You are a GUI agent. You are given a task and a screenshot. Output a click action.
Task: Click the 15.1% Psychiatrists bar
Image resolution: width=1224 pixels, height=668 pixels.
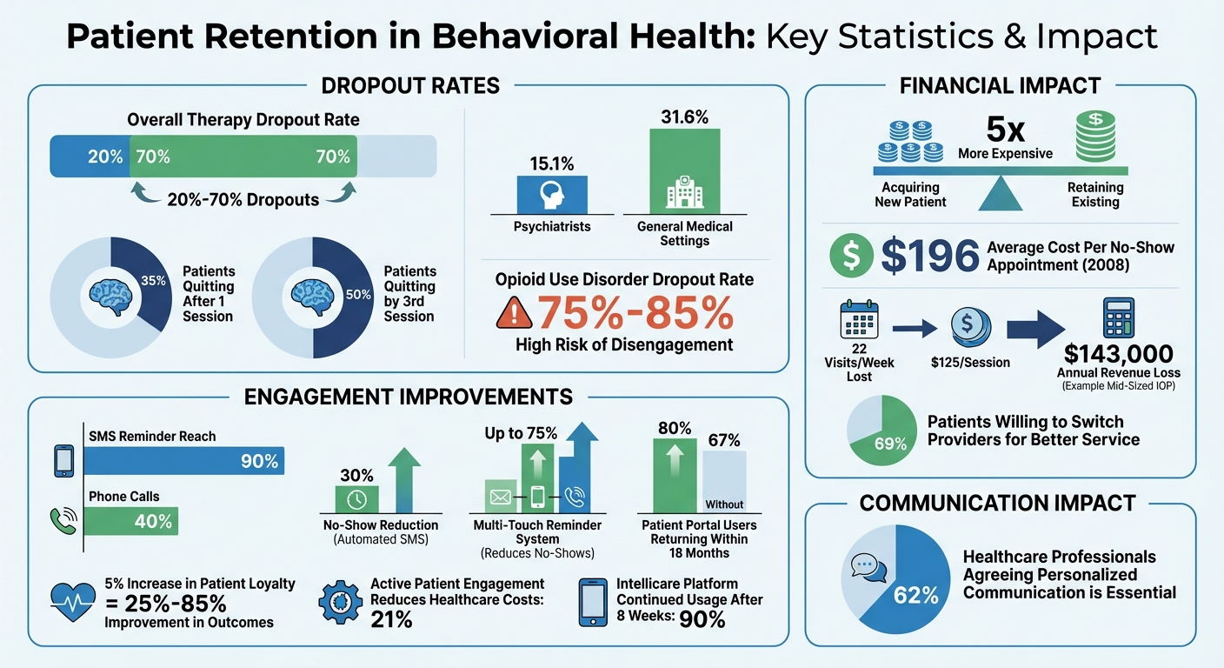(552, 194)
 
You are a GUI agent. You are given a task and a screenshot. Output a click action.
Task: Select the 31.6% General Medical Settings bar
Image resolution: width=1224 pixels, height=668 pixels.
(685, 169)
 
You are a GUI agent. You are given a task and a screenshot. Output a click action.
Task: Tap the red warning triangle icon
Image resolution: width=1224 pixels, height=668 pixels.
(514, 314)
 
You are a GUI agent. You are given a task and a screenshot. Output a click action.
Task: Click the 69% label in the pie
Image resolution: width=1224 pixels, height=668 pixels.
(890, 444)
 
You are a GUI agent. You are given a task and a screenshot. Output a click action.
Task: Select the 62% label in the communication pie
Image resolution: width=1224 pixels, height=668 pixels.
(916, 595)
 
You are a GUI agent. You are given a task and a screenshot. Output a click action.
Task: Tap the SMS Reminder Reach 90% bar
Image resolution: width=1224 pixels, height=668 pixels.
(184, 460)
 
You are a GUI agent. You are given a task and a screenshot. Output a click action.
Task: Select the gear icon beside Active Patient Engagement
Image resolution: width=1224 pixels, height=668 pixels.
(341, 600)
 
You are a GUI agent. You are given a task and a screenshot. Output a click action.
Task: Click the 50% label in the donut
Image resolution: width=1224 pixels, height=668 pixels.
(357, 294)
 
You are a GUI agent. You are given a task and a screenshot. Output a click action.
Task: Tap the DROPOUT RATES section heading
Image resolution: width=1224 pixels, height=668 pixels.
(410, 85)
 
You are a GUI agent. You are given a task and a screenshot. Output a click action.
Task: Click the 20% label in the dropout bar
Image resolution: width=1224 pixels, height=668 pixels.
(104, 157)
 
